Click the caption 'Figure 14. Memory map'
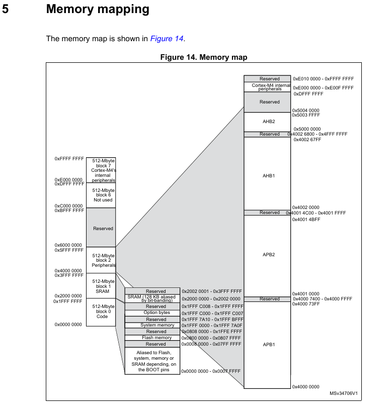(204, 57)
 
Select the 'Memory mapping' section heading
(98, 9)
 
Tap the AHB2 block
(269, 122)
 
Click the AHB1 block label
(269, 176)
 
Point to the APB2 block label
(269, 255)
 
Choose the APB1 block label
(269, 345)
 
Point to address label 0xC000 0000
(68, 206)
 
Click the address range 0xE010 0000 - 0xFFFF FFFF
(324, 79)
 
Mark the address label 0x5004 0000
(306, 110)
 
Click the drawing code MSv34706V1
(344, 393)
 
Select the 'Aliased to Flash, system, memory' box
(152, 361)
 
